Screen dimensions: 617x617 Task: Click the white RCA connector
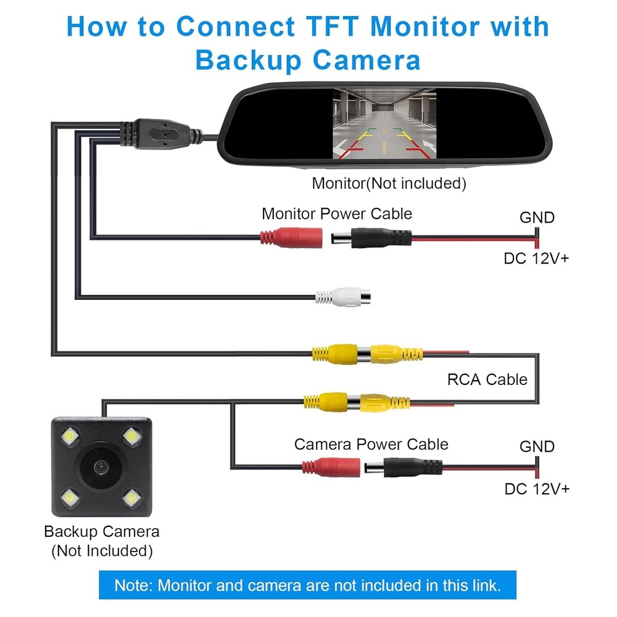pyautogui.click(x=336, y=297)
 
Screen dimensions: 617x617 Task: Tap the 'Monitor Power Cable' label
pyautogui.click(x=337, y=214)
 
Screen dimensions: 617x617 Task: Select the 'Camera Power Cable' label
pyautogui.click(x=371, y=444)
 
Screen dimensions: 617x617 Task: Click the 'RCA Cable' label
pyautogui.click(x=487, y=379)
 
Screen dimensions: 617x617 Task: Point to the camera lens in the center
pyautogui.click(x=99, y=468)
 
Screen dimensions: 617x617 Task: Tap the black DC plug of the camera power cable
pyautogui.click(x=404, y=466)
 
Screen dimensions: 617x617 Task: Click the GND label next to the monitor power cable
pyautogui.click(x=537, y=217)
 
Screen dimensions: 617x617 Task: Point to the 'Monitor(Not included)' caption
pyautogui.click(x=389, y=183)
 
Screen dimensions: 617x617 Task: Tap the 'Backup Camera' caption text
pyautogui.click(x=102, y=531)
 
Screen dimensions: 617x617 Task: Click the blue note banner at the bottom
pyautogui.click(x=307, y=585)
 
